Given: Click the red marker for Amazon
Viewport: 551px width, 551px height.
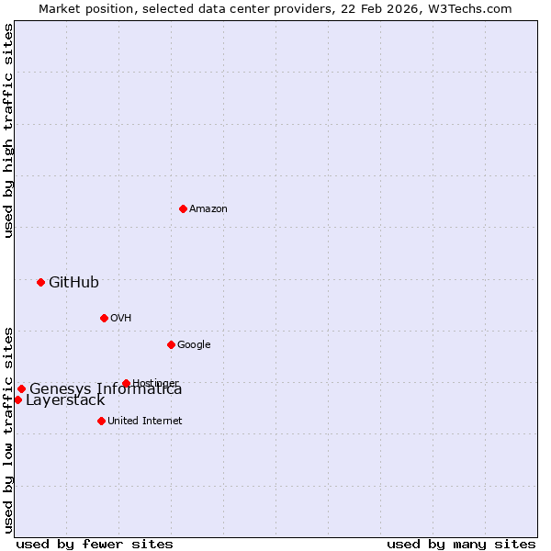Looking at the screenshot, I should (183, 208).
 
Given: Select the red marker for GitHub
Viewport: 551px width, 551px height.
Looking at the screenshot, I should (40, 282).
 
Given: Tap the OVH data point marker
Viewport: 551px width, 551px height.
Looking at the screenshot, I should (104, 318).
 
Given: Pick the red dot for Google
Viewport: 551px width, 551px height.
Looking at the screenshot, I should (171, 344).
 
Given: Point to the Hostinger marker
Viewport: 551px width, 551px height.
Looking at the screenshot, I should (126, 383).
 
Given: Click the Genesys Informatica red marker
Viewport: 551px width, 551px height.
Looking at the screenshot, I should (21, 388).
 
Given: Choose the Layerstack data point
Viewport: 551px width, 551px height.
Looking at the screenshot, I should (17, 399).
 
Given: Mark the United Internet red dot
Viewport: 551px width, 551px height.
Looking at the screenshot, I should (101, 421).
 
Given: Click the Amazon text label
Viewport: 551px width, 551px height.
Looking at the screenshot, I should (208, 209).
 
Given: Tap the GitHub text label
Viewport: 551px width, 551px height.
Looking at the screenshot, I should (73, 282).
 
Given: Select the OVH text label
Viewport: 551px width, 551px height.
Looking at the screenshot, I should (121, 319).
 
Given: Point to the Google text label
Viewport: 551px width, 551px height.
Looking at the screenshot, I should (194, 345).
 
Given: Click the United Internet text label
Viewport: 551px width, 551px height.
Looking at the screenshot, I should (145, 422).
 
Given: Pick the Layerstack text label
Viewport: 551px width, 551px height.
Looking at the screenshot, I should (65, 400).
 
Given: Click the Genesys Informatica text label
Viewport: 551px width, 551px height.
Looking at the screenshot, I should (106, 389).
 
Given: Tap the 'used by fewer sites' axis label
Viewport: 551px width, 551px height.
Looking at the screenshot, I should (95, 544).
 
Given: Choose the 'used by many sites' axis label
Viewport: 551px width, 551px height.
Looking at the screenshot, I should (461, 544).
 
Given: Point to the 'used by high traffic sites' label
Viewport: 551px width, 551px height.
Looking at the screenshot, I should (8, 130).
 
